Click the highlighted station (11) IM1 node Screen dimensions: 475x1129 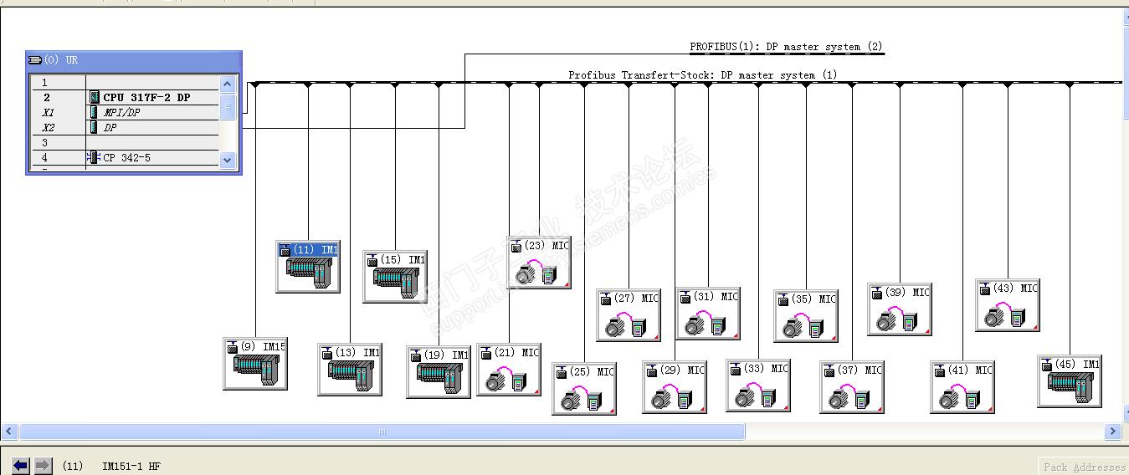point(308,267)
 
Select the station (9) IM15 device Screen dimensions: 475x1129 point(255,364)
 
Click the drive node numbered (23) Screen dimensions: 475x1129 point(539,263)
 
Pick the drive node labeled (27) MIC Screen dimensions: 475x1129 point(629,315)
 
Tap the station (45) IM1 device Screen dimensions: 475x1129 point(1069,381)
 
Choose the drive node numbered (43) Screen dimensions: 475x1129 point(1008,305)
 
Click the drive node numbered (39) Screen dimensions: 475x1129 point(900,309)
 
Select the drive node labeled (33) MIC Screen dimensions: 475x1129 point(758,386)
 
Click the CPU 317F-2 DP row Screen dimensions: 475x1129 point(146,97)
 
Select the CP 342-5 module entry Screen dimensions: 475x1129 point(126,157)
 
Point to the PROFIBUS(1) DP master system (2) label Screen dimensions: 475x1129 point(786,47)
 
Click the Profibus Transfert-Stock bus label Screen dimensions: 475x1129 point(702,75)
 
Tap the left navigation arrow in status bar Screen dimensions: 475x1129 point(21,466)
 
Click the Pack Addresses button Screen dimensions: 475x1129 point(1084,467)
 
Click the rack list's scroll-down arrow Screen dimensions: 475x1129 point(228,159)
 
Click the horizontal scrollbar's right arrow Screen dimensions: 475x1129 point(1112,432)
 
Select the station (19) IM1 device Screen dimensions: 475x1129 point(439,372)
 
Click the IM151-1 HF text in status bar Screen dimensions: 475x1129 point(131,466)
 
